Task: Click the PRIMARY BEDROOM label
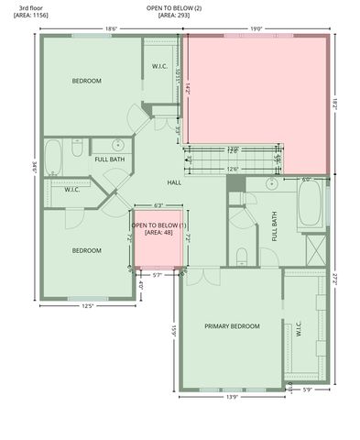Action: click(232, 326)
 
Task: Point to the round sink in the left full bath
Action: click(117, 145)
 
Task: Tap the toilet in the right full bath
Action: click(242, 256)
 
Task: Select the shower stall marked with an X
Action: click(314, 248)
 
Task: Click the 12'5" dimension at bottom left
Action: click(88, 306)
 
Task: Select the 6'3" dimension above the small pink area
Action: click(158, 205)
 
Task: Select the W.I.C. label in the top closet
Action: click(158, 66)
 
